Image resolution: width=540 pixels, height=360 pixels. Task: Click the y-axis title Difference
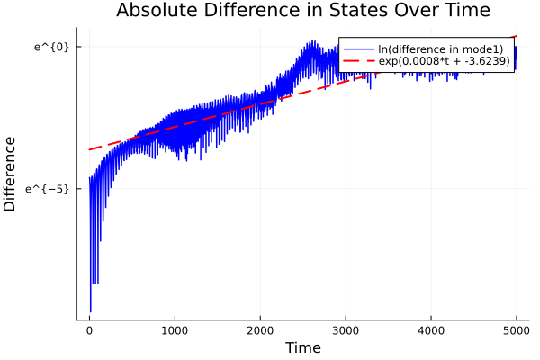(11, 174)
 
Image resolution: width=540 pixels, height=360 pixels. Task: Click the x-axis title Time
(302, 347)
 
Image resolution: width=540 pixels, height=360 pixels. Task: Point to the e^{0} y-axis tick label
(51, 47)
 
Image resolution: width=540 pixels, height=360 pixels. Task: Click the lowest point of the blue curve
(90, 311)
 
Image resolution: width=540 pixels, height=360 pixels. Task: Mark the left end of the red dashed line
(89, 149)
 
